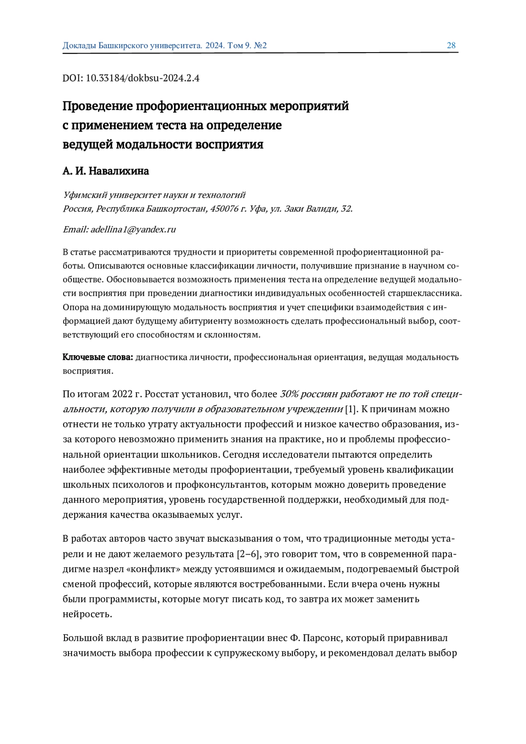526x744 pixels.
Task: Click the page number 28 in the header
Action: (451, 45)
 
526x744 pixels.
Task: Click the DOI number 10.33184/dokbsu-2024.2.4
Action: (142, 78)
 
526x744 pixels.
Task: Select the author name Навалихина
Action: (119, 171)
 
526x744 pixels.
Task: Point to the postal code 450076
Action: (224, 209)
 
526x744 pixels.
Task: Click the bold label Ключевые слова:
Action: (98, 357)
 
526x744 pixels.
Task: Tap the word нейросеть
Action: (88, 614)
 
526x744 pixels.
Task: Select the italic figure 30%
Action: (289, 394)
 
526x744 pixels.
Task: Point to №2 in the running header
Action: (260, 45)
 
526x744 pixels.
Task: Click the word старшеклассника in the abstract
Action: (425, 293)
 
